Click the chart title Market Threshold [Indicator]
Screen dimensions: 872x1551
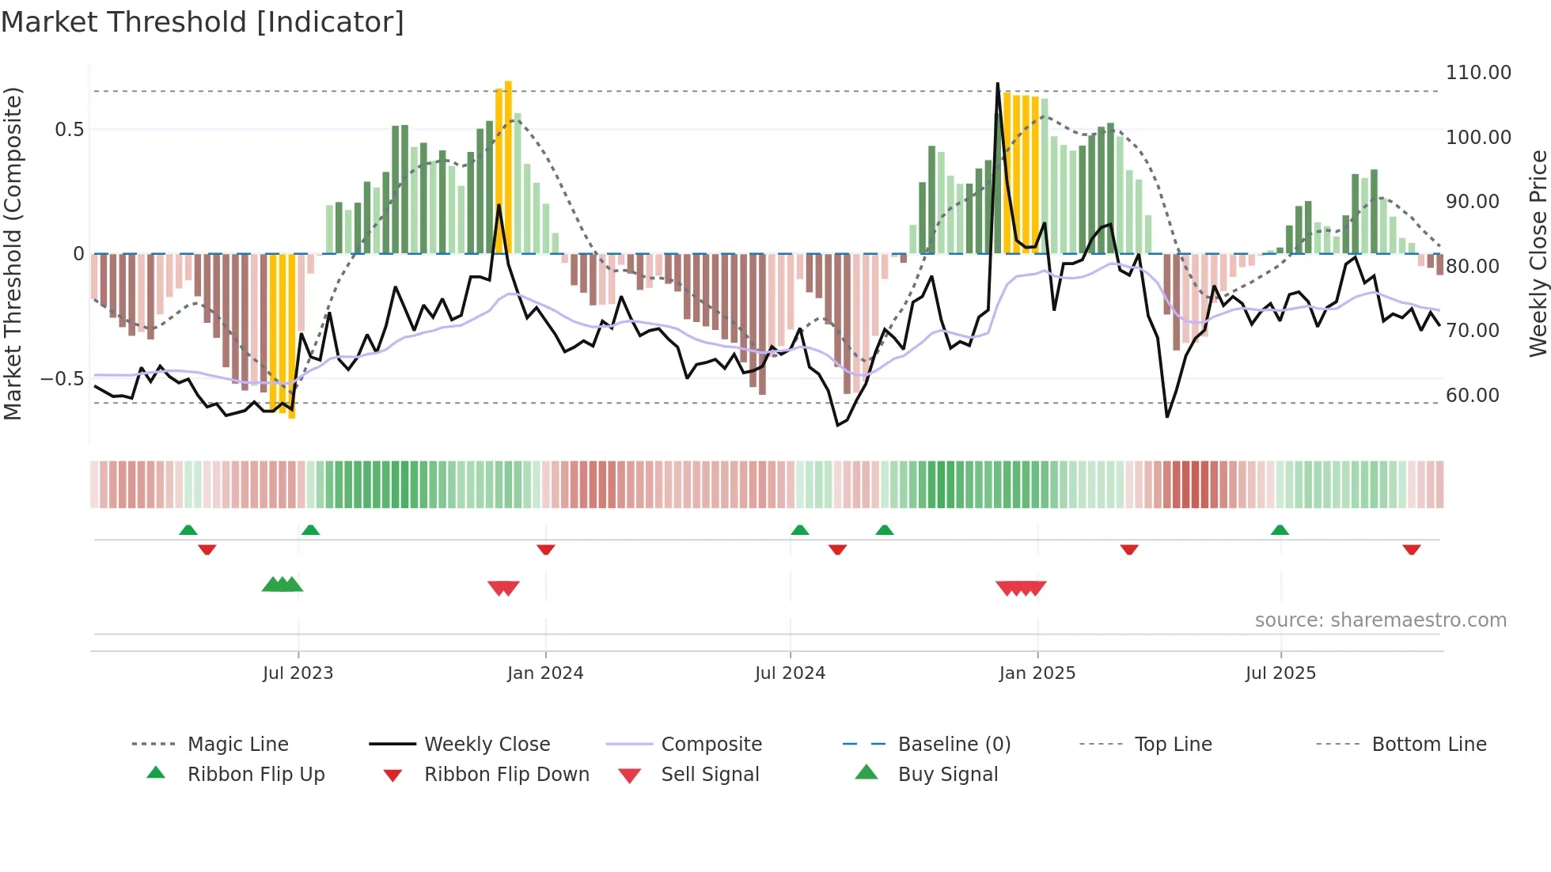(x=203, y=22)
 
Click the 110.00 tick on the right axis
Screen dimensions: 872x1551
(x=1477, y=73)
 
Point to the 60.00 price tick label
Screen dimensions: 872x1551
(x=1472, y=396)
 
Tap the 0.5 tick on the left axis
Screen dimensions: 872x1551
(x=69, y=130)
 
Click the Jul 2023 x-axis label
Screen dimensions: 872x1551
(x=298, y=673)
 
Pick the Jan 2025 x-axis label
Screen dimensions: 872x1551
(x=1037, y=673)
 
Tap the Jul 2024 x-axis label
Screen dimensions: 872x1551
(x=790, y=673)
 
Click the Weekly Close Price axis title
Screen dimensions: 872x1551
(x=1538, y=253)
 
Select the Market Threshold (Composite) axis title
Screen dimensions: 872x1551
(x=13, y=253)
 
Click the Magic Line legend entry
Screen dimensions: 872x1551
(x=237, y=745)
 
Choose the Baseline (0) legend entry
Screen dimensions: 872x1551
(x=954, y=745)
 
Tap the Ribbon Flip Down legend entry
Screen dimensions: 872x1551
(x=506, y=775)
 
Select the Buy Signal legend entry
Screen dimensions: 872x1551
(x=947, y=775)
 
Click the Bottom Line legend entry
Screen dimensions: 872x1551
(x=1428, y=745)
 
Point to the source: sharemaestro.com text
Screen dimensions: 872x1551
(x=1380, y=620)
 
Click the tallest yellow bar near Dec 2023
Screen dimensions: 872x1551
(x=508, y=166)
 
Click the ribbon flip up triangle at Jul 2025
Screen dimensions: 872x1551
(x=1280, y=530)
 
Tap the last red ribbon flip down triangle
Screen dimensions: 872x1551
(x=1411, y=549)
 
